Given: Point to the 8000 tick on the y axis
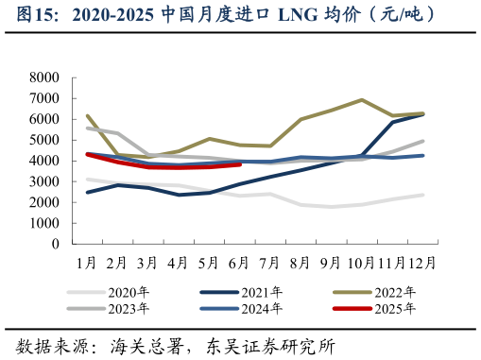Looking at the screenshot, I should [44, 77].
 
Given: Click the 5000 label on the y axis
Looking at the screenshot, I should [44, 140].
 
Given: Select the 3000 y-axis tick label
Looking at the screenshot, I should [44, 181].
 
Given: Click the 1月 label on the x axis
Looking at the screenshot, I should [87, 262].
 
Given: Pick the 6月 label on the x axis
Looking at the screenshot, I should [240, 262].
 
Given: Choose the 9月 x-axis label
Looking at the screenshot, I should [332, 262].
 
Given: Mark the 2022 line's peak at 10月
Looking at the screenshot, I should [362, 99].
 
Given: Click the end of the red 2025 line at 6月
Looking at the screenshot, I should [240, 163].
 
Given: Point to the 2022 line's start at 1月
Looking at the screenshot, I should [87, 116].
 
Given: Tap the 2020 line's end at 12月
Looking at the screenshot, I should [422, 195].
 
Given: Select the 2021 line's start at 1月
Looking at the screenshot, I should [87, 192].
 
